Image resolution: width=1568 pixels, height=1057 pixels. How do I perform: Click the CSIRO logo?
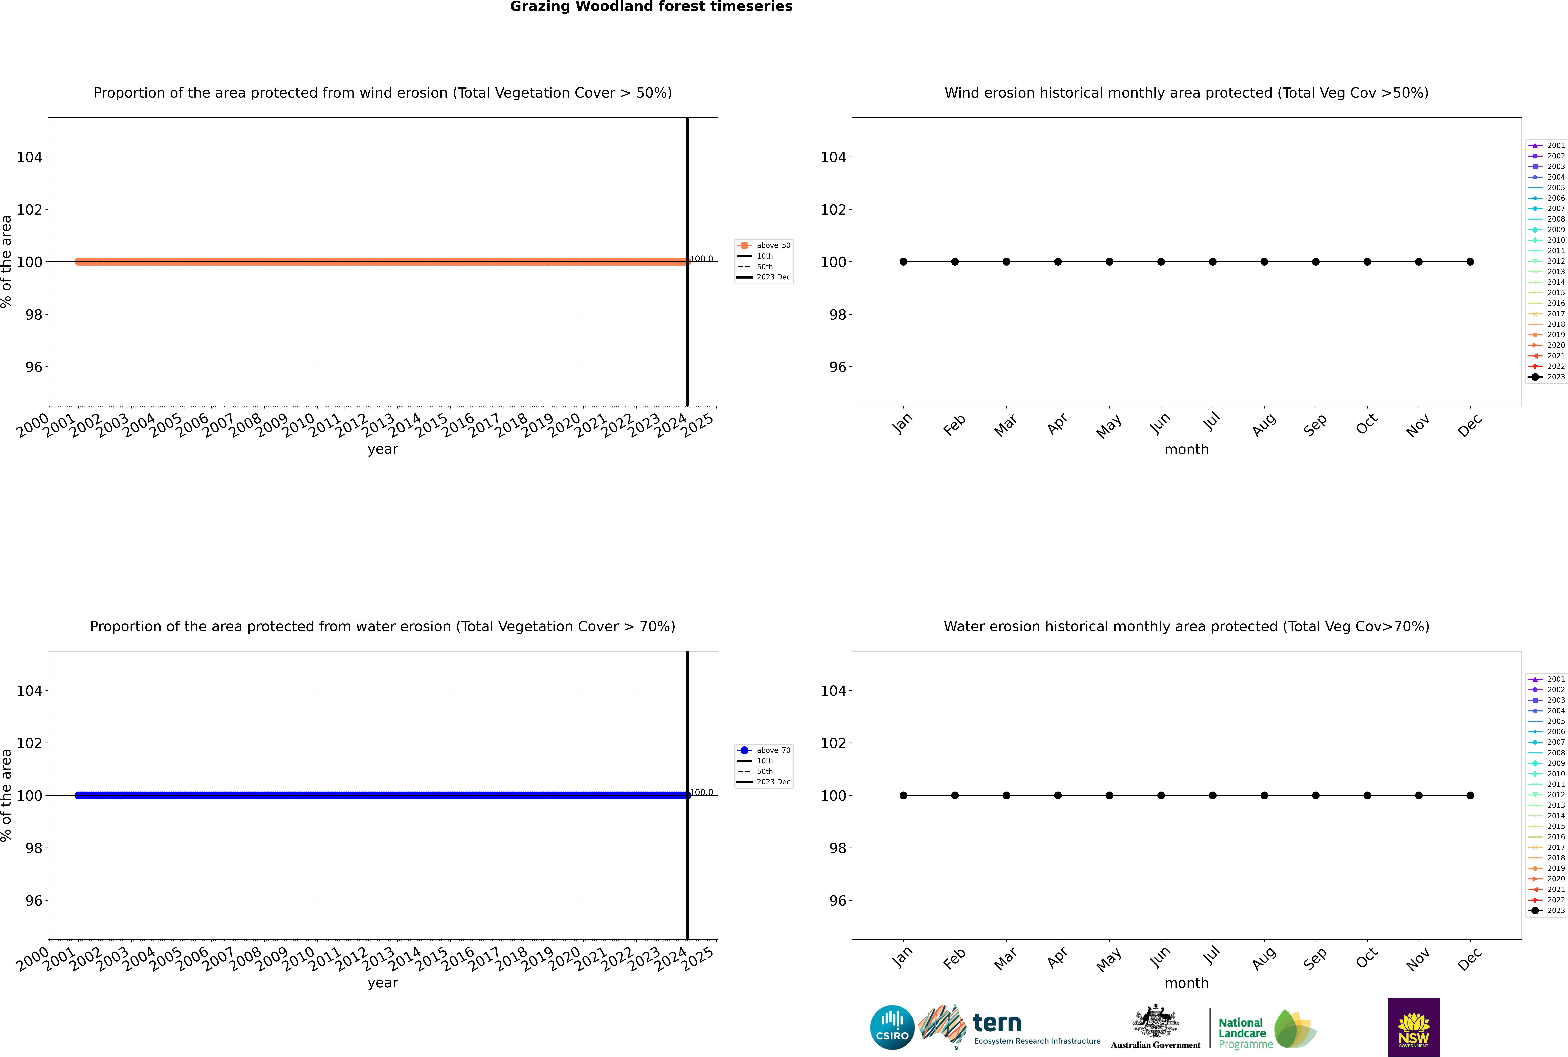(892, 1027)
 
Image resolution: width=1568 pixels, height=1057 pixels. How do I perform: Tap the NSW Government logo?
(1414, 1027)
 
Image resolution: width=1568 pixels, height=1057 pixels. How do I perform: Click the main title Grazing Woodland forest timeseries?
(651, 7)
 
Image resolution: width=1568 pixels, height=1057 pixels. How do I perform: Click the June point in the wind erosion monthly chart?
(1161, 261)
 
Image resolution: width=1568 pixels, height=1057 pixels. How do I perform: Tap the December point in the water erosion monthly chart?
(1470, 796)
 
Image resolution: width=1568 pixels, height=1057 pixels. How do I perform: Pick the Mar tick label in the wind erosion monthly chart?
(1005, 425)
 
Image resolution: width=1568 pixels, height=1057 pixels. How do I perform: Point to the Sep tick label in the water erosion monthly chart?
(1315, 959)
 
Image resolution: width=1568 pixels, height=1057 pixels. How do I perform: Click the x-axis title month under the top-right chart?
(1186, 450)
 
